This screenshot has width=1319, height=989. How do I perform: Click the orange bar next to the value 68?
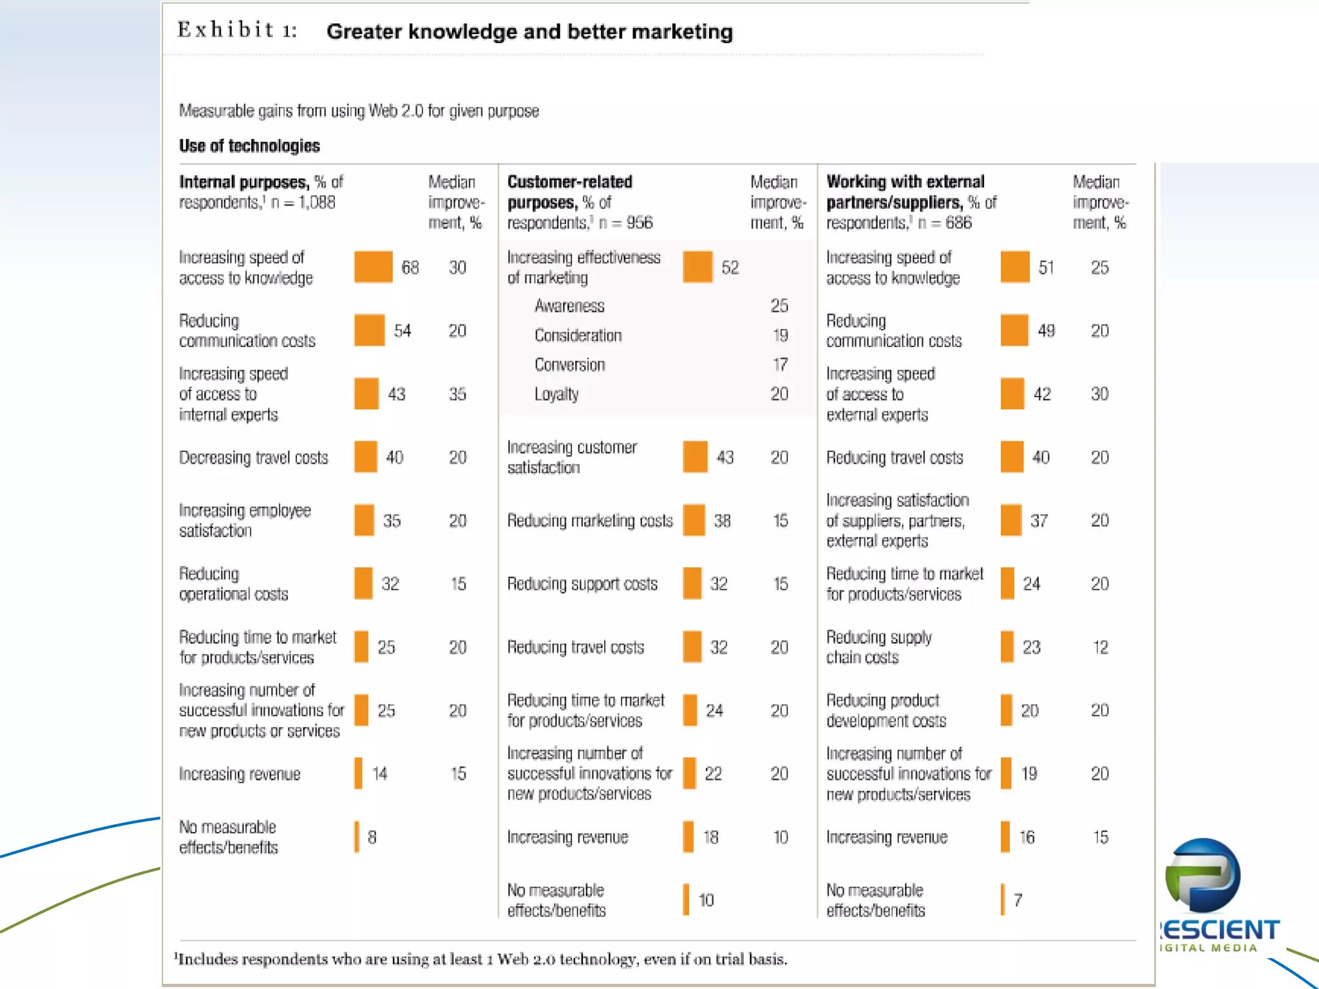[373, 267]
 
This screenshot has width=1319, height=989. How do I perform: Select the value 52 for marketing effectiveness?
[730, 267]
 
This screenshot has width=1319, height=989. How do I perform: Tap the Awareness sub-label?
[569, 306]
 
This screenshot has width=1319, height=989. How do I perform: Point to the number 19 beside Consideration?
[780, 335]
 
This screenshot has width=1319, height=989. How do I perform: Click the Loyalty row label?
[556, 394]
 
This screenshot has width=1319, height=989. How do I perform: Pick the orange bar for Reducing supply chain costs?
[1007, 646]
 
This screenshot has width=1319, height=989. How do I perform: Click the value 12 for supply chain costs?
[1100, 647]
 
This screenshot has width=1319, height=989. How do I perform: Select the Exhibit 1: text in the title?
[237, 30]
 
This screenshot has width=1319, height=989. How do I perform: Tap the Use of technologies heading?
[249, 146]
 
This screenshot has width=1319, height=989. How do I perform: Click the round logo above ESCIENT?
[1202, 875]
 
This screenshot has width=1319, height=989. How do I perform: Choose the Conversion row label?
[569, 365]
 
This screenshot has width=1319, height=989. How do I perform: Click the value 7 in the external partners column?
[1018, 900]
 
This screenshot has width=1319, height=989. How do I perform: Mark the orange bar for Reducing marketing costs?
[694, 520]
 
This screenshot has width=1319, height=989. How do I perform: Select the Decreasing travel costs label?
[254, 458]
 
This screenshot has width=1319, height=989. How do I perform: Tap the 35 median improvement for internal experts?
[457, 394]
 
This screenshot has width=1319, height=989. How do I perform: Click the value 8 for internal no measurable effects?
[372, 837]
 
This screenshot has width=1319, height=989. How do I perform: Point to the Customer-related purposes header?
[569, 192]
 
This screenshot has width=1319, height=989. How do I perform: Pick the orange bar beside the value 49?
[1014, 330]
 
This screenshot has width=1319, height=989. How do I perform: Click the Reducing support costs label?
[582, 584]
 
